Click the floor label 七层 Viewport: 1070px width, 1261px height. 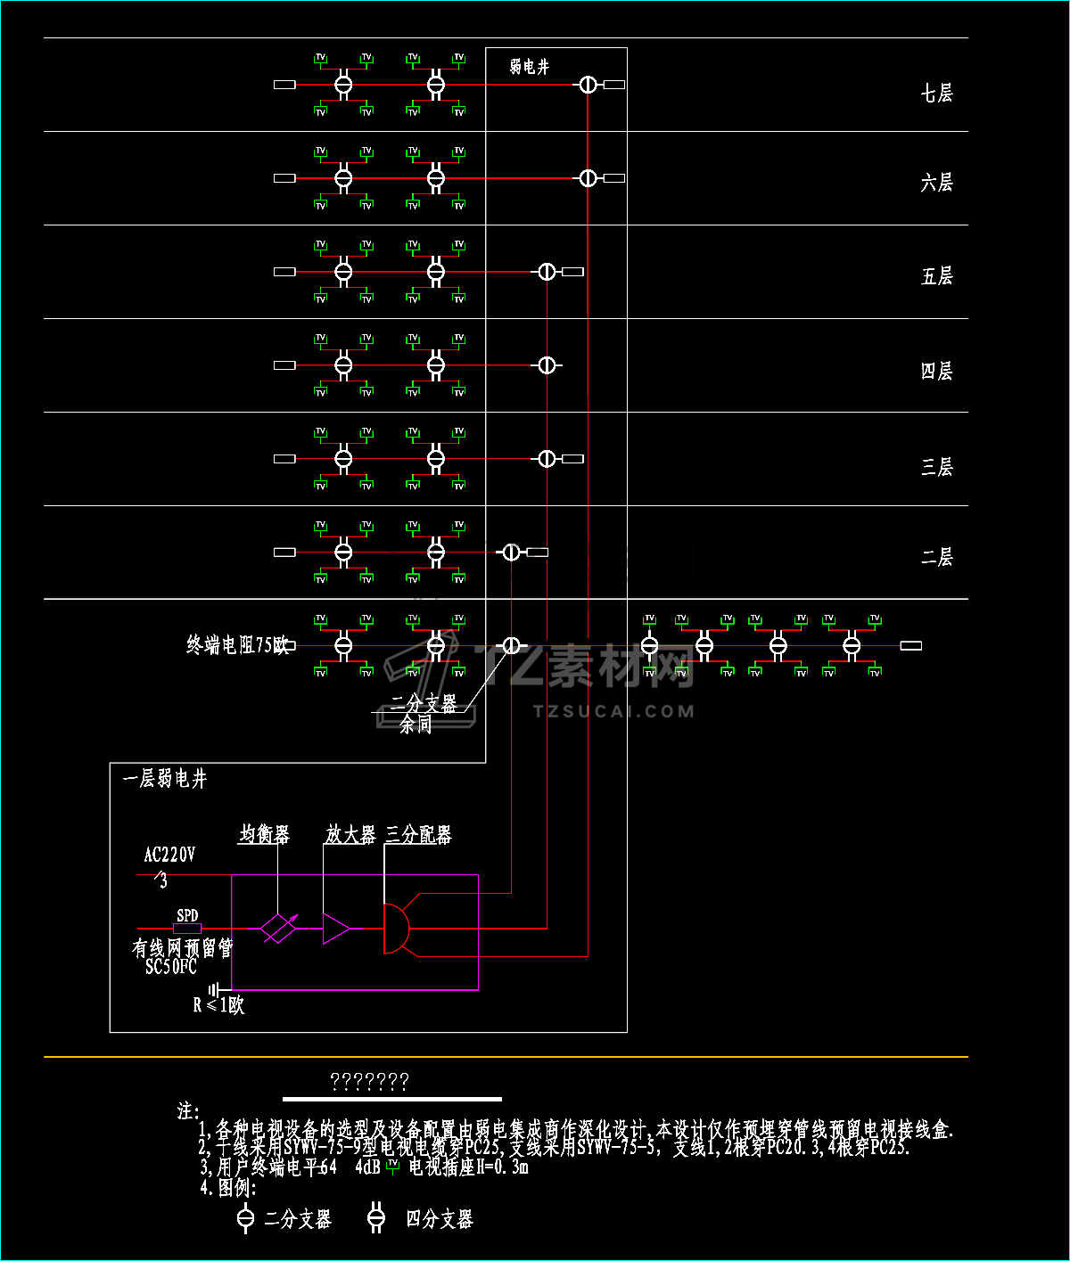(936, 93)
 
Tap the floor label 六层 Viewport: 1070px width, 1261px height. (936, 183)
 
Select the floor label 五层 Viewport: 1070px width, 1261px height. (936, 276)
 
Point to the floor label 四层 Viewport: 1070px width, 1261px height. (936, 371)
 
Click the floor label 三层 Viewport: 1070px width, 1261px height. (936, 466)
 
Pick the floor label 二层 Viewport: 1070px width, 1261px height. (936, 557)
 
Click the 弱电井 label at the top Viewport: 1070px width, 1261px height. (530, 67)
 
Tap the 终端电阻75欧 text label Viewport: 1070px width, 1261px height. (237, 645)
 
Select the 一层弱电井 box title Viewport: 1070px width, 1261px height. (165, 780)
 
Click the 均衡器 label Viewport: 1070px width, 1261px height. (264, 835)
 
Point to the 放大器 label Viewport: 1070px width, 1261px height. (350, 835)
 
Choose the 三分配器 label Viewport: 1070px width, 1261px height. (418, 835)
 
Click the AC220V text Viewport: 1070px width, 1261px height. (169, 856)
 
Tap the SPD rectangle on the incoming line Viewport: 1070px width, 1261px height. (187, 929)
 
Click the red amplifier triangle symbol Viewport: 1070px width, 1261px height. (335, 929)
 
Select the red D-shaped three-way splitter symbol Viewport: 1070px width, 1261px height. (395, 929)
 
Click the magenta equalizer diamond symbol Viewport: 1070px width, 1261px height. (278, 929)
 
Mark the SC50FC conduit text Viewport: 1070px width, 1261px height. (170, 967)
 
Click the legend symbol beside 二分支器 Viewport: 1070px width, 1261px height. (246, 1218)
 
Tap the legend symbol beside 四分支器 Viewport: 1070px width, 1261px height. (376, 1218)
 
